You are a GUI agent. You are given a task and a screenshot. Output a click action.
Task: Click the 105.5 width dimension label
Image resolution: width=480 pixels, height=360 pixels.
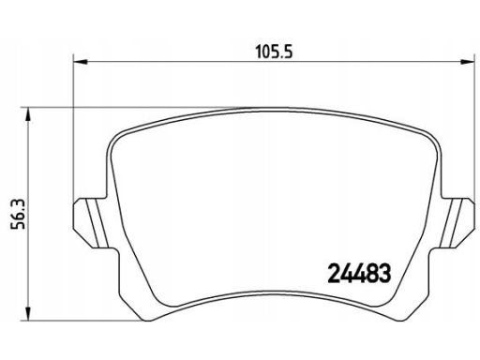274,52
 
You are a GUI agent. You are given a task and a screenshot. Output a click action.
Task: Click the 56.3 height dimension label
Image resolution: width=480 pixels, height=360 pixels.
18,214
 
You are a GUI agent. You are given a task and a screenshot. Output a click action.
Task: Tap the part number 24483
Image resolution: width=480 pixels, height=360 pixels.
359,273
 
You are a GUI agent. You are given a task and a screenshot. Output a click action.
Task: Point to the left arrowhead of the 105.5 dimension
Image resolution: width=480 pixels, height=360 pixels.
80,62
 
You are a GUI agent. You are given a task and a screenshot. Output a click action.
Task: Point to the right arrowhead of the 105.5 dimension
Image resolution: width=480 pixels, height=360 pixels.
468,62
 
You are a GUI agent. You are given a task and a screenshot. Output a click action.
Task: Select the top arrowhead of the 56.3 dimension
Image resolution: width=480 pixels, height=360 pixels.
28,114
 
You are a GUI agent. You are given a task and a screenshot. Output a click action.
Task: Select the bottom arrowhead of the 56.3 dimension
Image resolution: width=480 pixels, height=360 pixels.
28,314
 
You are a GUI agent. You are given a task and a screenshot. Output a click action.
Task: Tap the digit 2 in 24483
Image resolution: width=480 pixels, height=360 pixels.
334,273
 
